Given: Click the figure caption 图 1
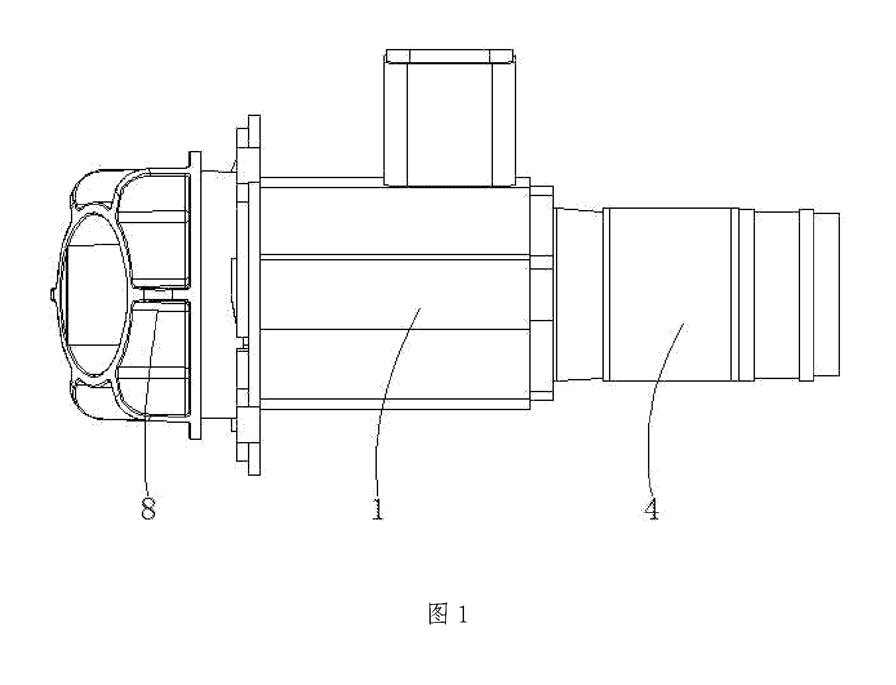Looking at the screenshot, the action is [x=448, y=615].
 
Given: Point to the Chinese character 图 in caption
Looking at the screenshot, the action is [x=438, y=615].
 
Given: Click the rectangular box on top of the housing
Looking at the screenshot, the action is [x=450, y=118].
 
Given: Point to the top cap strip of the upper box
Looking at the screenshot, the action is [x=450, y=56].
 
